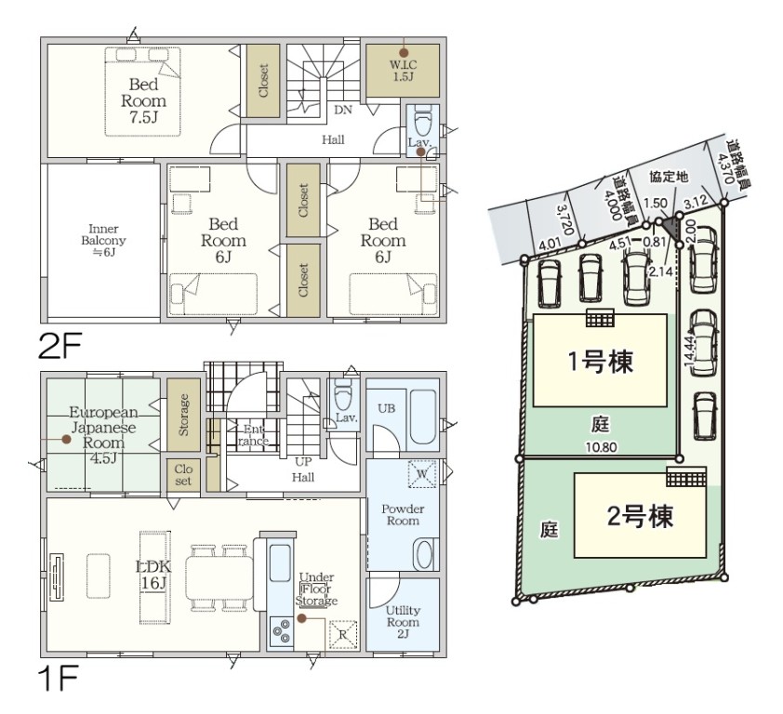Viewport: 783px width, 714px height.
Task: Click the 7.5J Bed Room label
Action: click(x=143, y=100)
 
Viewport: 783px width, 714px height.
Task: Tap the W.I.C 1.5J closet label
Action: click(x=403, y=71)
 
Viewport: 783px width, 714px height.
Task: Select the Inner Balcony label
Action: click(x=103, y=240)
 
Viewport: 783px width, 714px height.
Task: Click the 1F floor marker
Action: click(x=59, y=678)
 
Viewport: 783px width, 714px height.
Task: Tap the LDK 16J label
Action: click(x=153, y=575)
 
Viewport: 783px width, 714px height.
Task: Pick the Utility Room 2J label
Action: click(x=403, y=622)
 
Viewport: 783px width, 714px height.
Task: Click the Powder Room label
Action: click(x=403, y=515)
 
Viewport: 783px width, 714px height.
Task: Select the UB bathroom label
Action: click(x=386, y=408)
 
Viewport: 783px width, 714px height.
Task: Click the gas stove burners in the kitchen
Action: click(x=282, y=629)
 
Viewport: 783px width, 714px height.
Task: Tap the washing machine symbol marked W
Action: click(x=422, y=473)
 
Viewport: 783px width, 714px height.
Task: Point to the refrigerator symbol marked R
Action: click(x=342, y=635)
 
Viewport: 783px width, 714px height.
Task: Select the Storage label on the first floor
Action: click(x=184, y=415)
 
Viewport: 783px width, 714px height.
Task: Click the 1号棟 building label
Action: click(x=601, y=361)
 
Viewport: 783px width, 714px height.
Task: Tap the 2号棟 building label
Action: click(x=640, y=516)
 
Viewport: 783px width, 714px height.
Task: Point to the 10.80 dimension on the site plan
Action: click(x=602, y=447)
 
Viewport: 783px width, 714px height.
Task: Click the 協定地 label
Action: click(x=669, y=177)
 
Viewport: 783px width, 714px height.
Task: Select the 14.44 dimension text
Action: click(x=691, y=352)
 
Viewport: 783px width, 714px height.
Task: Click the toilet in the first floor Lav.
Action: click(x=342, y=393)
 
